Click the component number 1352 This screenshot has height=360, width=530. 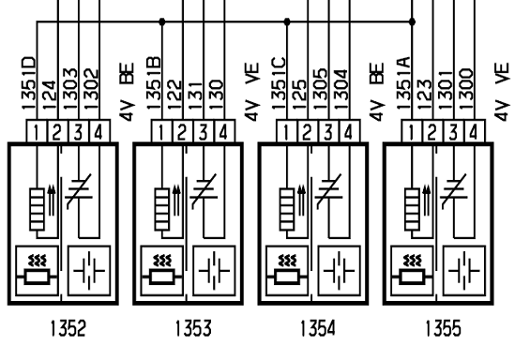point(68,328)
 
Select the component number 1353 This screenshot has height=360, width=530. point(193,328)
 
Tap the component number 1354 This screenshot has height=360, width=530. point(318,328)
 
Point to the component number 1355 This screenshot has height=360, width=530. point(443,328)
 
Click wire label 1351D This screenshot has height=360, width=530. point(29,83)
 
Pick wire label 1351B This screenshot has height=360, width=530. point(154,83)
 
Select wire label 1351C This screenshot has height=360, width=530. point(279,83)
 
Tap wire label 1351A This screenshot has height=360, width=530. point(404,83)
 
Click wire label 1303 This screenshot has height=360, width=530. point(70,89)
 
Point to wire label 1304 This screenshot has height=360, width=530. point(341,89)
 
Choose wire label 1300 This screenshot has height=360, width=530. point(466,89)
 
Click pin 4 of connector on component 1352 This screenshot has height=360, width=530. point(99,131)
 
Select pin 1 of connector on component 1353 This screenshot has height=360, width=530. point(162,131)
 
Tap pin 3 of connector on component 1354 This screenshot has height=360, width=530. point(328,131)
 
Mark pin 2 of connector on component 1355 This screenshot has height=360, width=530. point(432,131)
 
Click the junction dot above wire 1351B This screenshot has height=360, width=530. point(162,22)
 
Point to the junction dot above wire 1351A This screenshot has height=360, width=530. point(412,22)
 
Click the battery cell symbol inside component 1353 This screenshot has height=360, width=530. point(214,271)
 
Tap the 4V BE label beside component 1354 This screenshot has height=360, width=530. point(377,92)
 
